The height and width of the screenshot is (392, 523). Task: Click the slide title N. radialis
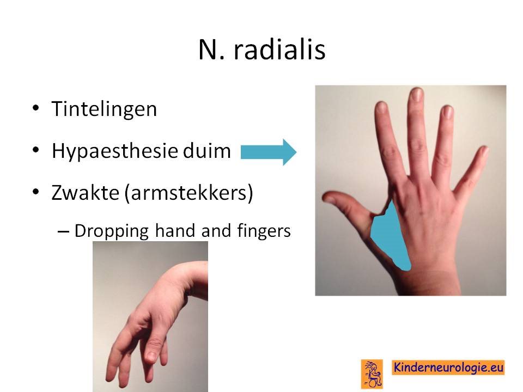(x=262, y=50)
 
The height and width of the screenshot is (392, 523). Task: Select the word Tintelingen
(x=104, y=109)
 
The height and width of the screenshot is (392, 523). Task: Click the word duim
(x=207, y=150)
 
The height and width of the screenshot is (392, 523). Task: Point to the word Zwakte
(x=86, y=192)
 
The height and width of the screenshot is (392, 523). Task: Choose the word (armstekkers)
(x=189, y=193)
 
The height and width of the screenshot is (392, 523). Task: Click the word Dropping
(x=111, y=231)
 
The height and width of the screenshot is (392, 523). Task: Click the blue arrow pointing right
(x=269, y=152)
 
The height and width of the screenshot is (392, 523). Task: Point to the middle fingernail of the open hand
(x=416, y=94)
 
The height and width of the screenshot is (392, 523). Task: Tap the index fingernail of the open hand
(x=381, y=107)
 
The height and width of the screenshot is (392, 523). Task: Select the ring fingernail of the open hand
(x=447, y=112)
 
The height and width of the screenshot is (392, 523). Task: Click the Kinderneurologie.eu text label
(x=448, y=367)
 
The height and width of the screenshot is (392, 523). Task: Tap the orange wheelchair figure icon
(x=372, y=373)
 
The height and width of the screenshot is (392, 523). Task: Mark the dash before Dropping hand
(x=63, y=231)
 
